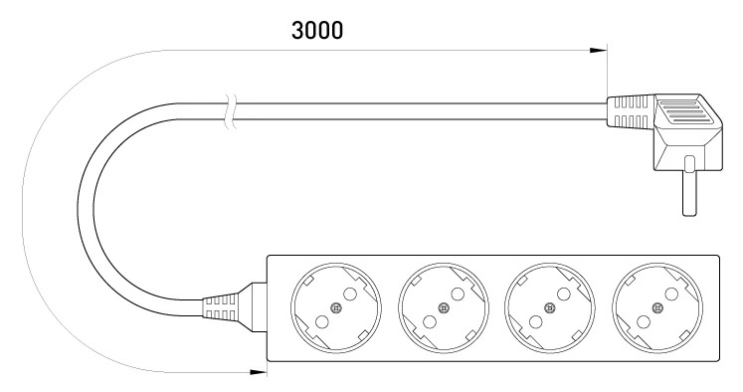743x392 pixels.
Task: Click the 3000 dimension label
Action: click(317, 30)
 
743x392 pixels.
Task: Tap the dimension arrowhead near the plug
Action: click(598, 51)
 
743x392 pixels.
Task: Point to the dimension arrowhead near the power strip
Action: click(259, 372)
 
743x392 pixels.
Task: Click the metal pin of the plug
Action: click(688, 186)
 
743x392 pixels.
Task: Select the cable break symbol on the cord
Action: click(231, 111)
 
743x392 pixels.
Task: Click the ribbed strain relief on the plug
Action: click(631, 111)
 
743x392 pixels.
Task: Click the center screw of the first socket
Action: click(336, 308)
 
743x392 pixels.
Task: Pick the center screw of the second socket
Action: click(444, 308)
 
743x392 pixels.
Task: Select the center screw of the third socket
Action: click(550, 308)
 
